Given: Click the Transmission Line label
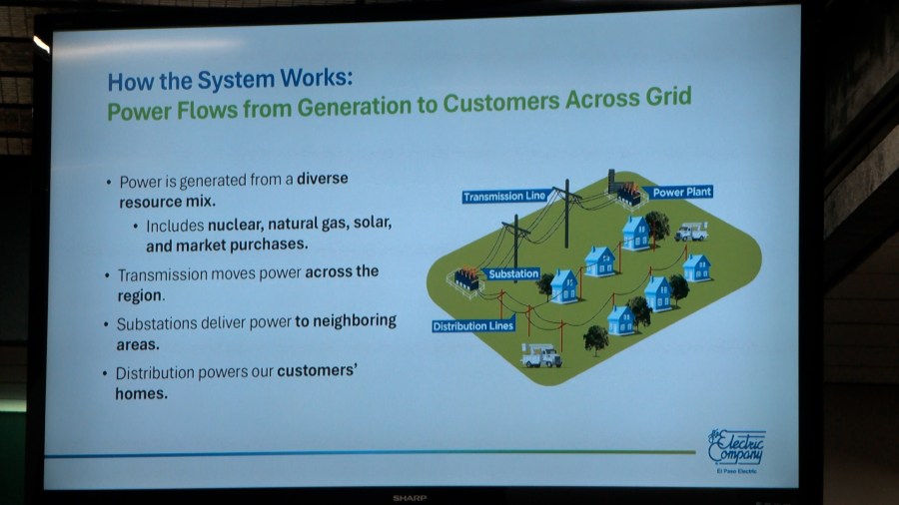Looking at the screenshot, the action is coord(505,197).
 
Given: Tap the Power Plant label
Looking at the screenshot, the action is coord(681,193).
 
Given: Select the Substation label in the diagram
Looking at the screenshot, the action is coord(513,274).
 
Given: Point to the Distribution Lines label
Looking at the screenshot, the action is coord(473,325).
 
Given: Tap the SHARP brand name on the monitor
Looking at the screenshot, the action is coord(410,498).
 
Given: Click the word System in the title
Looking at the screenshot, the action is coord(236,80).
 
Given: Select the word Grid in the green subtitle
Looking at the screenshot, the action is coord(668,97).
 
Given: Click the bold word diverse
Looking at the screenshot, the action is coord(323,178).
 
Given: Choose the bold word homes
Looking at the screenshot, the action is coord(141,393).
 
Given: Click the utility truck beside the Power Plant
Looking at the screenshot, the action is coord(691,232).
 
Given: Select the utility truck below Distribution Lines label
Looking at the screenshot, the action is coord(540,355).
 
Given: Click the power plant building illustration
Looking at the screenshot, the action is coord(625,189).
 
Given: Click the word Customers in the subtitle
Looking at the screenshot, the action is coord(501,103).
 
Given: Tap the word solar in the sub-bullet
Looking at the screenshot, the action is coord(373,222).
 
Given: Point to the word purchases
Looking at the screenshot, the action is coord(269,245).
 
